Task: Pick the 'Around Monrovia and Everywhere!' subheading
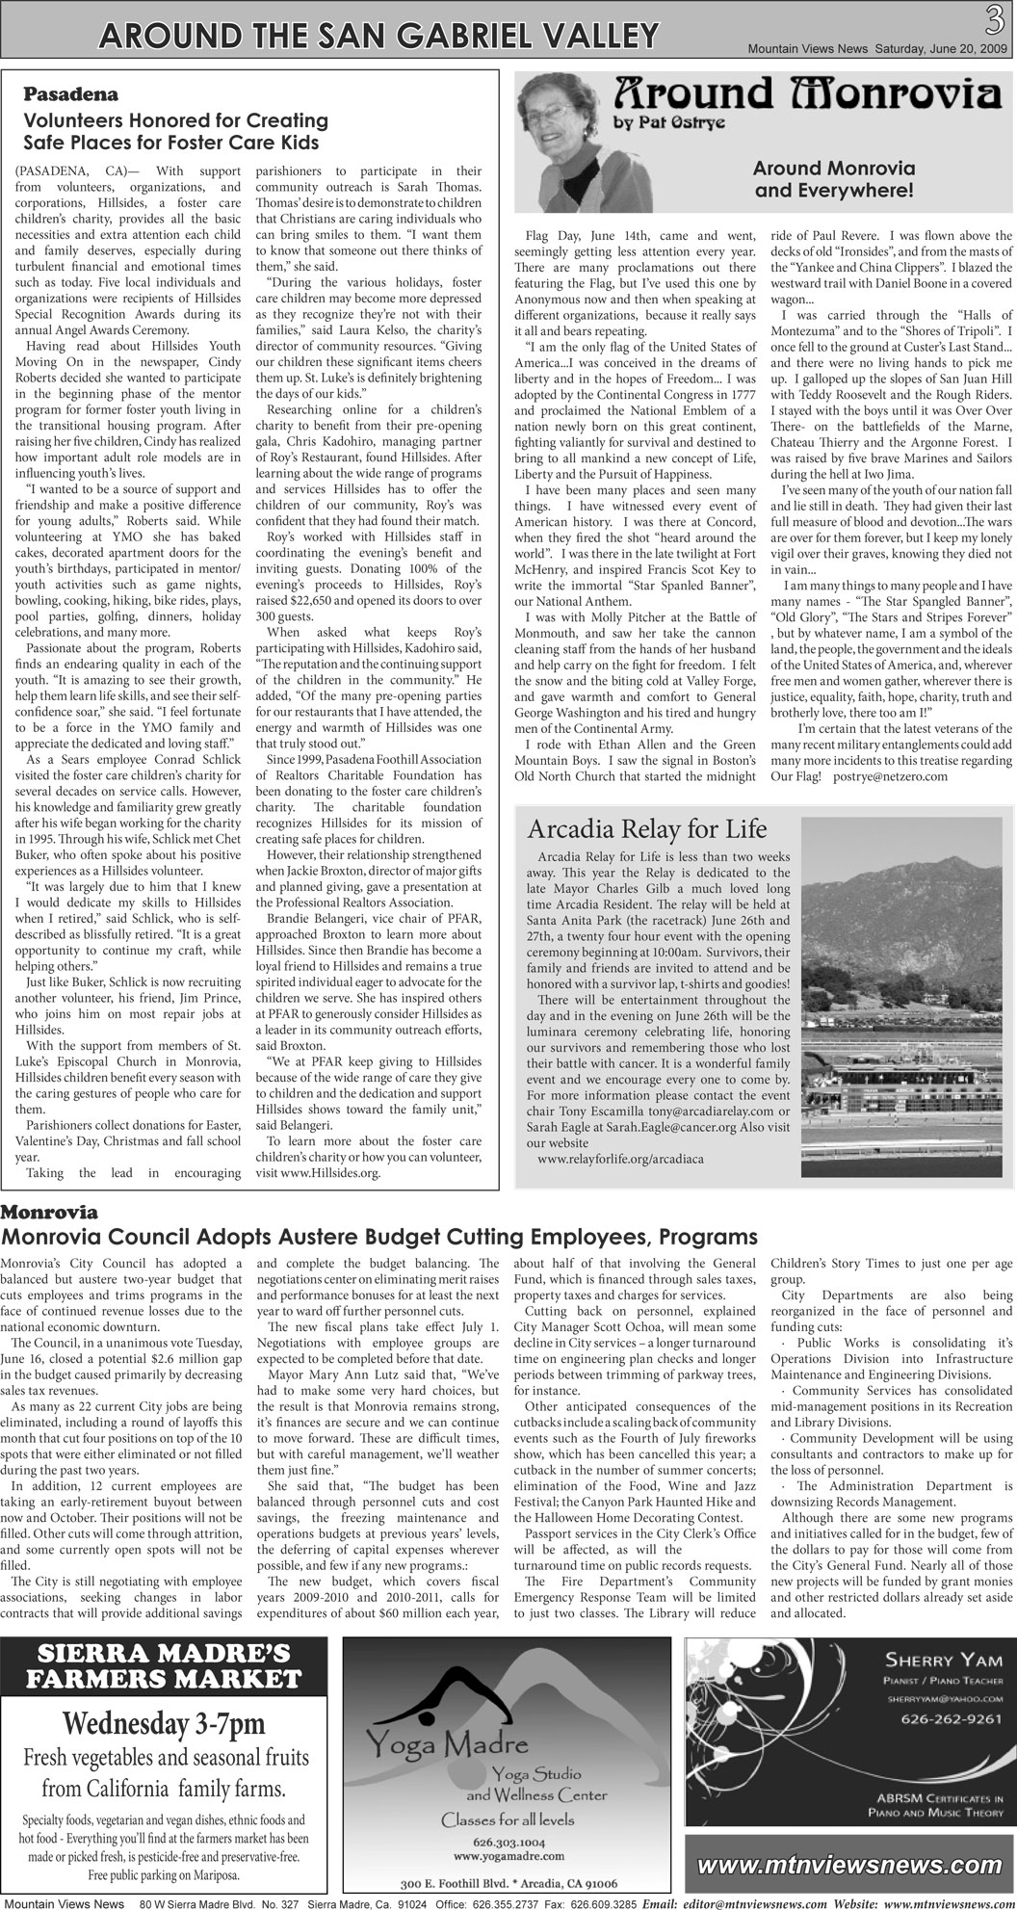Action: click(834, 179)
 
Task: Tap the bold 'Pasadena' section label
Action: click(70, 95)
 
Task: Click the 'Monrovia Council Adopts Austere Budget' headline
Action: click(379, 1237)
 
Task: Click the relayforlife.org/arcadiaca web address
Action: click(620, 1159)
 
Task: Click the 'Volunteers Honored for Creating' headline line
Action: click(176, 121)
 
